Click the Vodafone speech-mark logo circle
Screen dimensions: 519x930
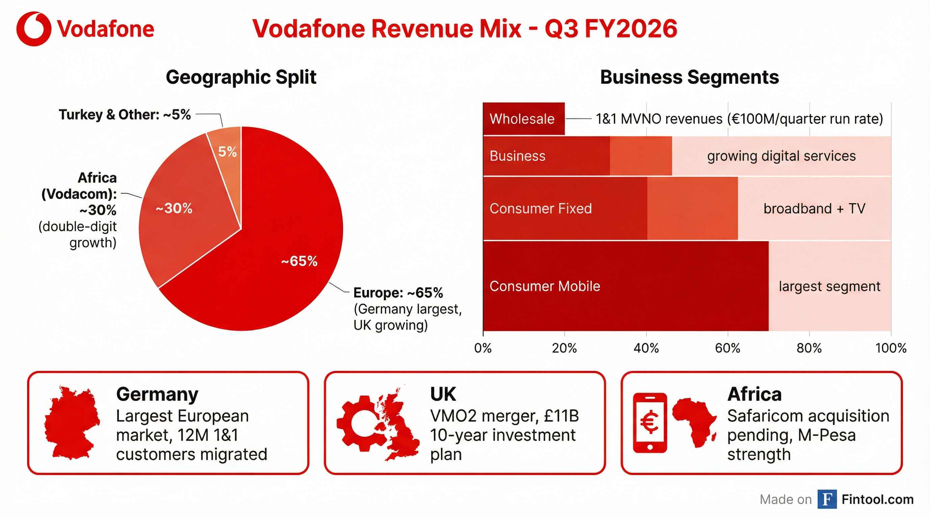pyautogui.click(x=33, y=28)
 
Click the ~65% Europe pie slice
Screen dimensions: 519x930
pyautogui.click(x=274, y=260)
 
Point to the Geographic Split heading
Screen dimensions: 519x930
pyautogui.click(x=241, y=77)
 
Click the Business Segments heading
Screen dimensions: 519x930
pyautogui.click(x=689, y=77)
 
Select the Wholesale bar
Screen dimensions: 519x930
pyautogui.click(x=523, y=119)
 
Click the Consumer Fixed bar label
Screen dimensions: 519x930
pyautogui.click(x=540, y=208)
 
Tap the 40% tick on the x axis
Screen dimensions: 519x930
pyautogui.click(x=646, y=348)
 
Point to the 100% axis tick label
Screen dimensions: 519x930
pyautogui.click(x=891, y=348)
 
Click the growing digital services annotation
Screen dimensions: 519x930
pyautogui.click(x=781, y=156)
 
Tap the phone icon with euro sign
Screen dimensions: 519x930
pyautogui.click(x=650, y=422)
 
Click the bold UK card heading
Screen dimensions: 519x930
pyautogui.click(x=443, y=394)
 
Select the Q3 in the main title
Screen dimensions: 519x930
pyautogui.click(x=561, y=28)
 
